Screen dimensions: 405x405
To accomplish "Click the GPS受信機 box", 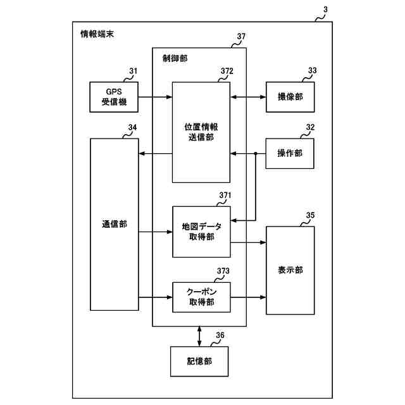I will click(114, 97).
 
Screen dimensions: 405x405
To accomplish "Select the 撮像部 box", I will click(290, 97).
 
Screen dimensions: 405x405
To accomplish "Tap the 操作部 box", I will click(290, 153).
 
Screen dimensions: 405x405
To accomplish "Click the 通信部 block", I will click(114, 224).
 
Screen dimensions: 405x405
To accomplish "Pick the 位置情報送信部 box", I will click(201, 132).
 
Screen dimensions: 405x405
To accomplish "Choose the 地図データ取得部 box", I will click(201, 232).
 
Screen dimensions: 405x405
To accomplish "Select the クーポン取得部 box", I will click(201, 297).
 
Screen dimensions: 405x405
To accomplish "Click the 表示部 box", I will click(290, 270).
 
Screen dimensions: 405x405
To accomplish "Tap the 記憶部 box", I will click(199, 362).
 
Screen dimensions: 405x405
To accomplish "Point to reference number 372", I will click(227, 71).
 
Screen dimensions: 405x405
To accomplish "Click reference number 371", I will click(225, 196).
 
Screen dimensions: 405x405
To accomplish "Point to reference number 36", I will click(220, 335).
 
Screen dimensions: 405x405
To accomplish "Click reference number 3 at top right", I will click(325, 11).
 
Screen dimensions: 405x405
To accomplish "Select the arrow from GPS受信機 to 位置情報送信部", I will click(155, 97).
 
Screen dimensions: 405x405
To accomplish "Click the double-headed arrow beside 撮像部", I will click(247, 97).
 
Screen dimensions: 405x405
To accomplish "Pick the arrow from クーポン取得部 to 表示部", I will click(247, 297).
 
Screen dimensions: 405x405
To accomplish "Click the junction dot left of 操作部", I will click(255, 153).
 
